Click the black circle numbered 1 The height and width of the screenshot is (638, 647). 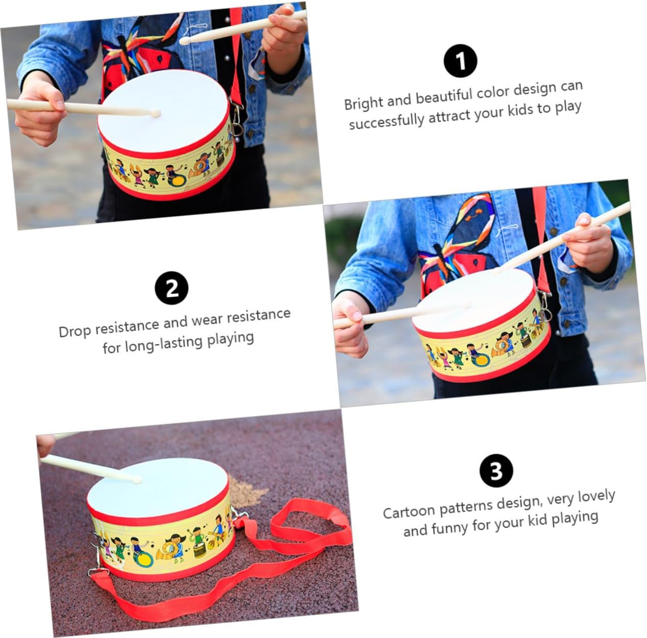461,61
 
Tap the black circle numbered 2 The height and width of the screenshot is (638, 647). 171,288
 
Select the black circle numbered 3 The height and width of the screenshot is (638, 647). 496,470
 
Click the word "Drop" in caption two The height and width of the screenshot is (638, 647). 74,331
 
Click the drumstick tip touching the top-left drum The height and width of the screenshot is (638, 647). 155,113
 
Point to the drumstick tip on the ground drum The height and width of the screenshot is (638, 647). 136,478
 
